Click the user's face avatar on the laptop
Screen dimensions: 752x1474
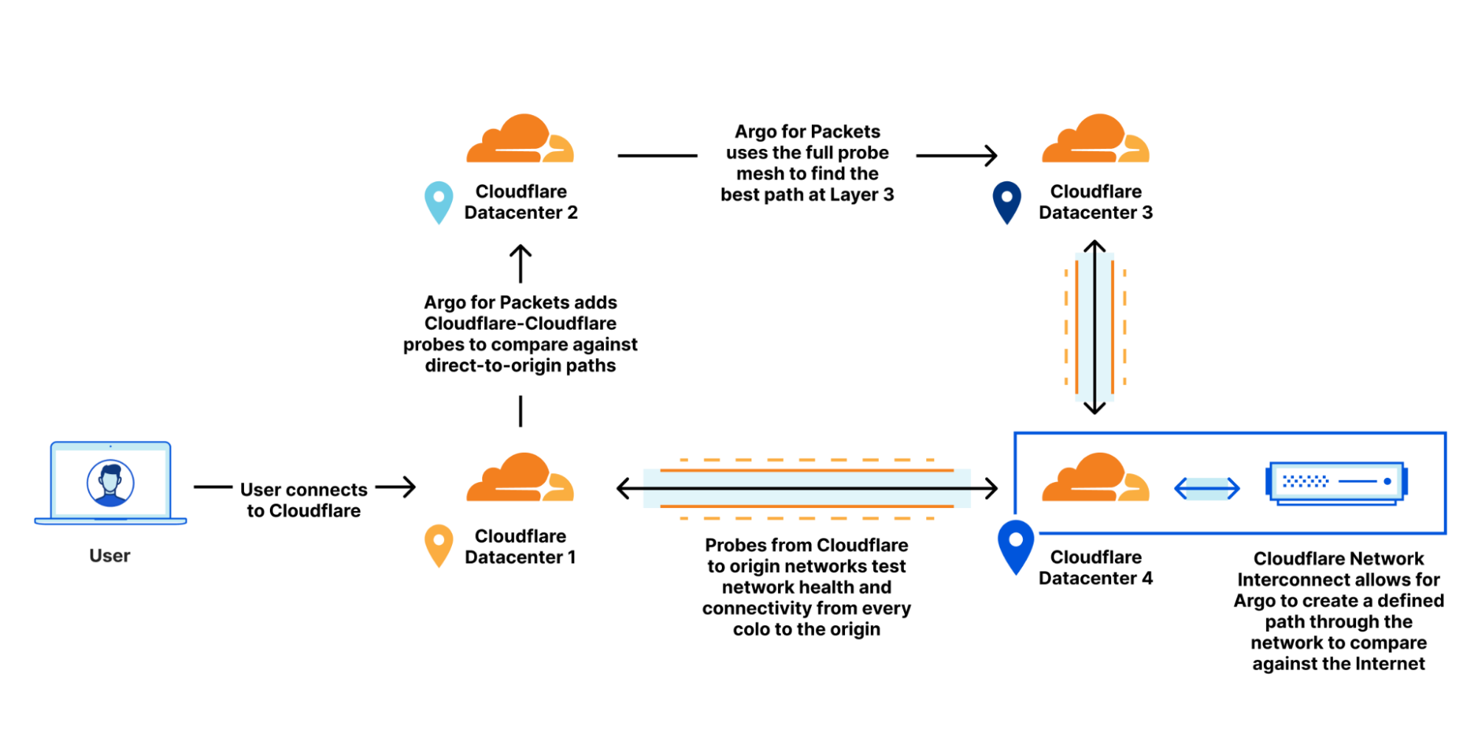[x=111, y=483]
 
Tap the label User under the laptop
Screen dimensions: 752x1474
[x=110, y=556]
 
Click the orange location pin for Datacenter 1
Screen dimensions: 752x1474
[x=439, y=544]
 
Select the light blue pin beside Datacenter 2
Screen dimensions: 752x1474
[x=439, y=201]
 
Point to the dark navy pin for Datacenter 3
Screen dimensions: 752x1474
[x=1007, y=201]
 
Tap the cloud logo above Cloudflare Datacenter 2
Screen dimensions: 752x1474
[x=520, y=139]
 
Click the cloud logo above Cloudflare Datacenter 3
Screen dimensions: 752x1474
[x=1095, y=139]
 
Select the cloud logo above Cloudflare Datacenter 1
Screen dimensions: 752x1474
[x=520, y=478]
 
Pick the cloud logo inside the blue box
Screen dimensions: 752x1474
[x=1095, y=478]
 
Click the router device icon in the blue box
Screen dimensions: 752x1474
[x=1337, y=483]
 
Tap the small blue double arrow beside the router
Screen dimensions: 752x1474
[x=1206, y=488]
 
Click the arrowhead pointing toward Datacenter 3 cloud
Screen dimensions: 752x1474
[x=991, y=156]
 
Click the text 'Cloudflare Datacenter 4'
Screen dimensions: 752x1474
[x=1095, y=568]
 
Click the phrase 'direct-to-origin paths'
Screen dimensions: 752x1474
[x=520, y=366]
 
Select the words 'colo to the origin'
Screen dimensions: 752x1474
[x=806, y=630]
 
